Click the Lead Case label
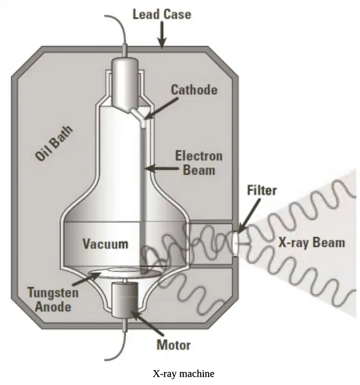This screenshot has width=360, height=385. point(162,14)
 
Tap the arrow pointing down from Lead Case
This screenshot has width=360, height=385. point(162,34)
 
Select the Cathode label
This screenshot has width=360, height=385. point(194,90)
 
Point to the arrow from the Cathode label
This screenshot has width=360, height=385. point(162,108)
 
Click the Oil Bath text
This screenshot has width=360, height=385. point(54,143)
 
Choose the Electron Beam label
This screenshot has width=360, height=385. point(198,163)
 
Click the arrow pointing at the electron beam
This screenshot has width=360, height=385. point(162,168)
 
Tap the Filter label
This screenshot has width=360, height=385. point(262,191)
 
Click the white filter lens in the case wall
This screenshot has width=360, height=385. point(235,244)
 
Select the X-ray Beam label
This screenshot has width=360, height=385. point(312,243)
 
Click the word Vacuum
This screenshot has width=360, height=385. point(105,244)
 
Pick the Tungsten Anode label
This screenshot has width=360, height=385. point(53,299)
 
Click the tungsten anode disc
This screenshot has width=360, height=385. point(125,273)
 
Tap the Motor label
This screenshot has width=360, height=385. point(174,345)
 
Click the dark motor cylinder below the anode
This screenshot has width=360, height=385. point(125,299)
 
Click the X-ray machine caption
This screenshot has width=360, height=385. point(184,374)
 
